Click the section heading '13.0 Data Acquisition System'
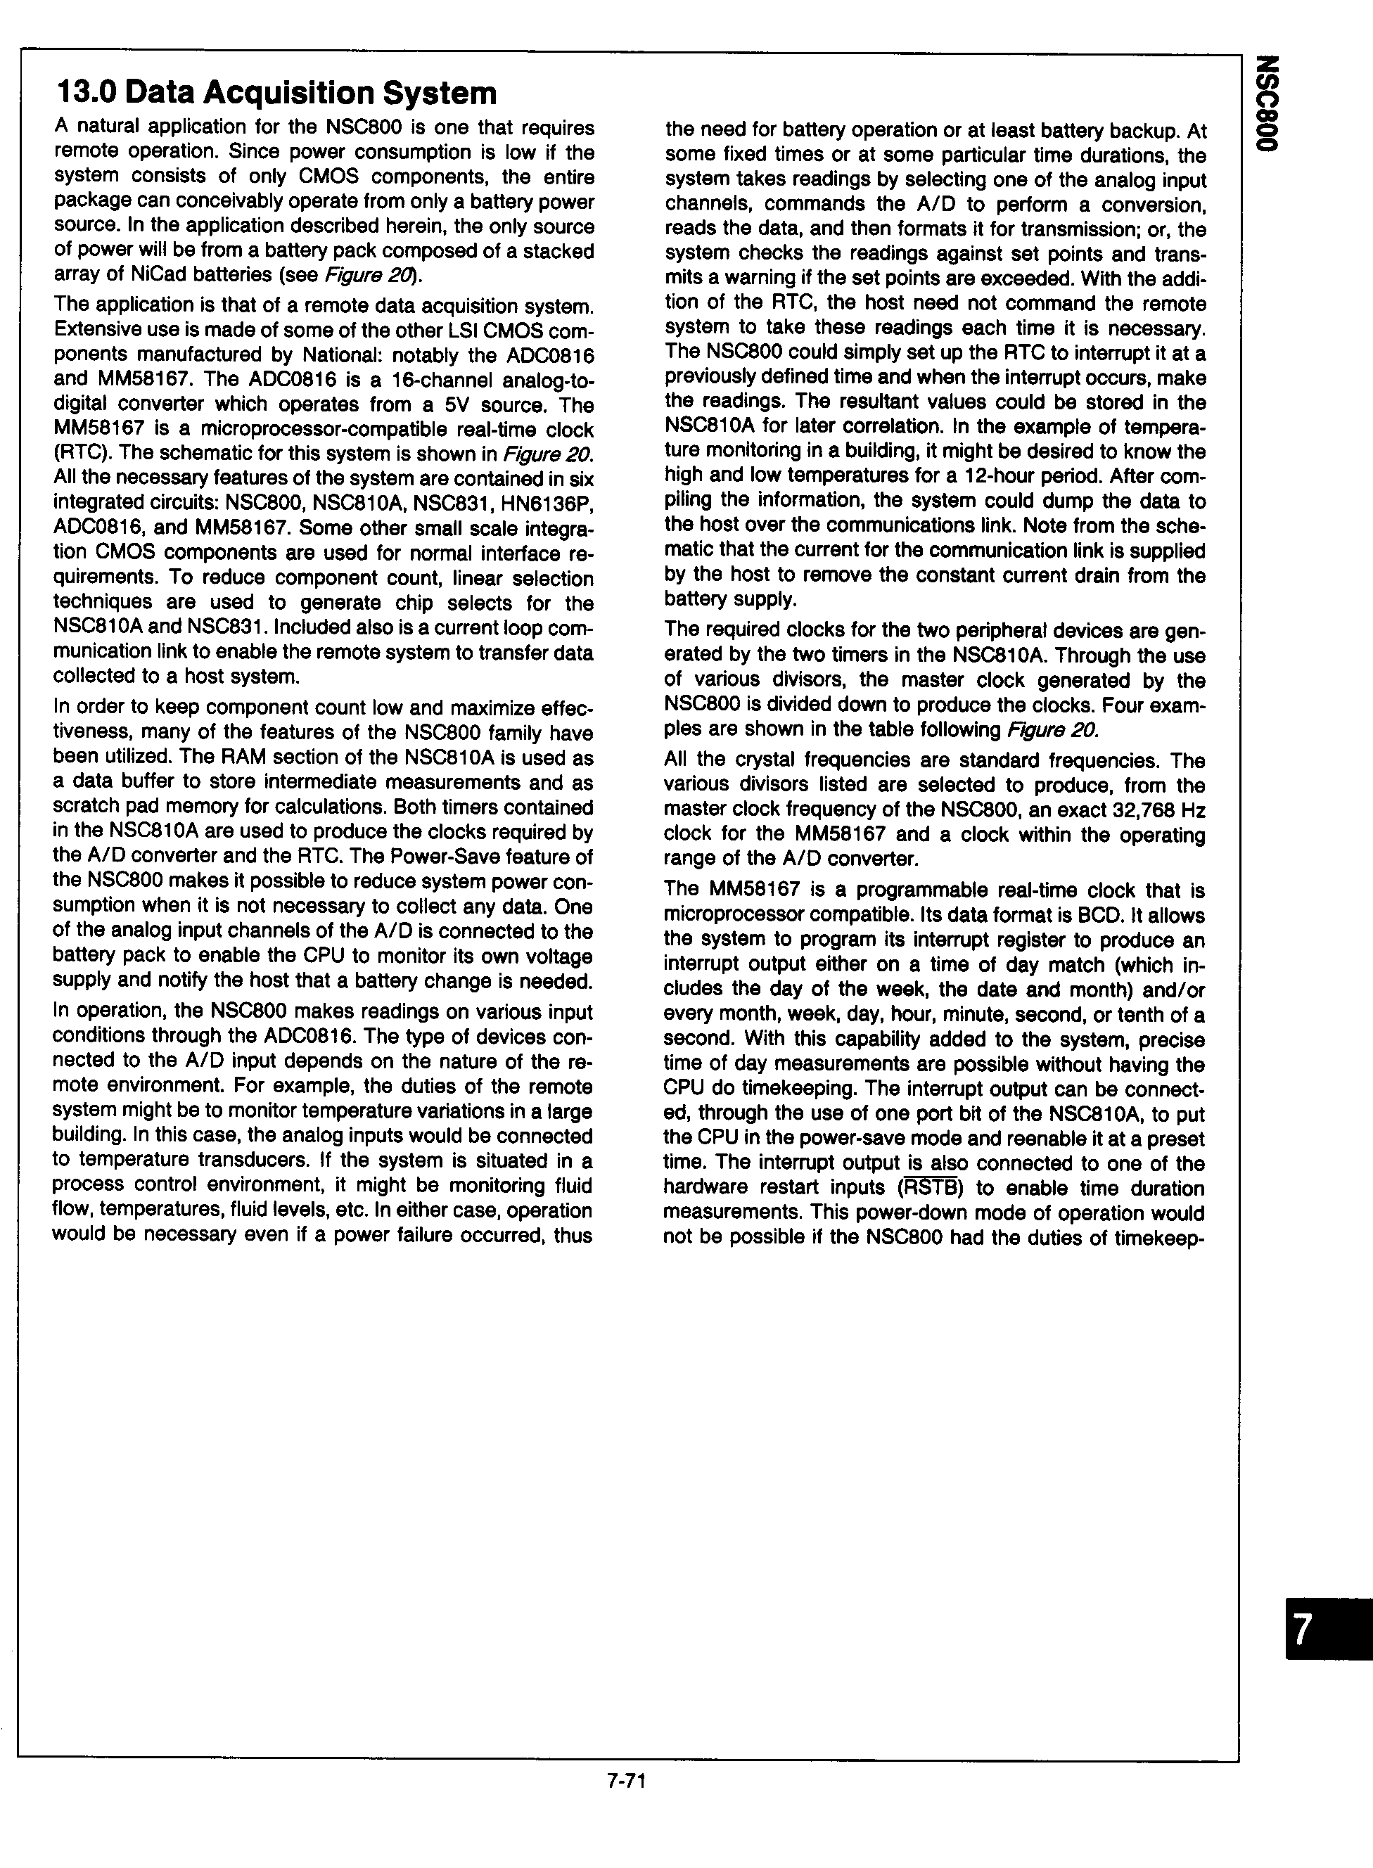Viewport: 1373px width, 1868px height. pos(275,92)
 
